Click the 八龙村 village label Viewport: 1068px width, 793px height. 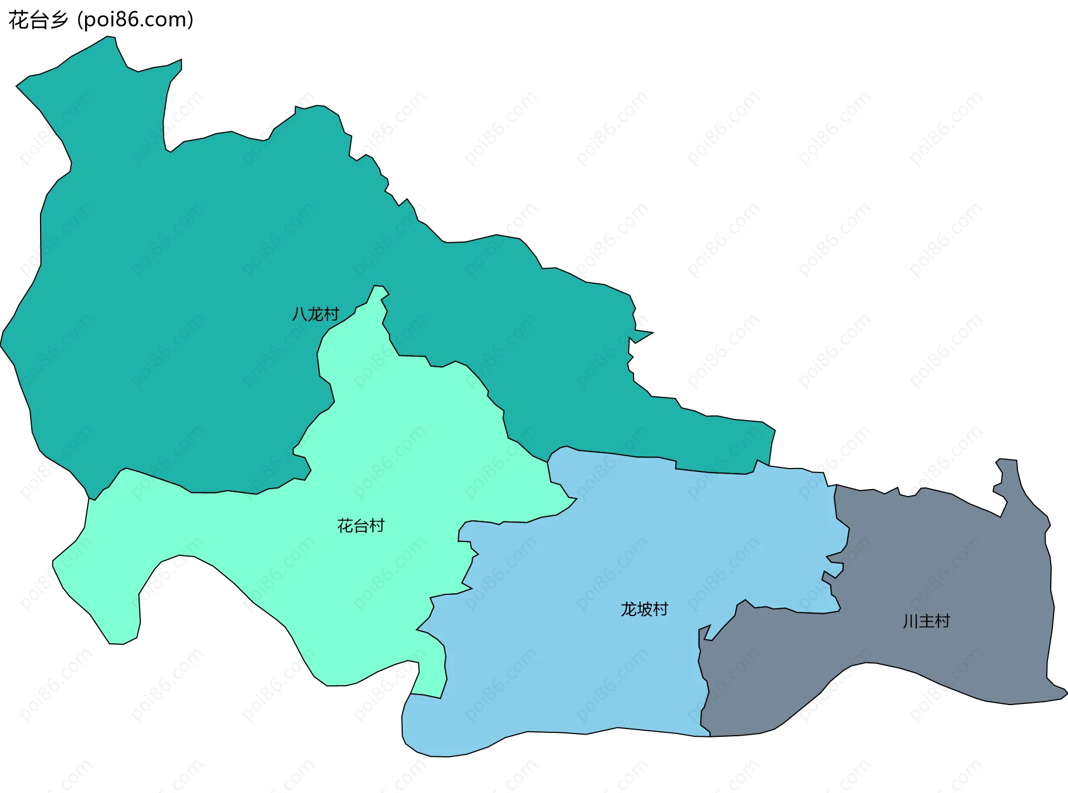pos(315,314)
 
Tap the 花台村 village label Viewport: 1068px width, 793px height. pos(360,526)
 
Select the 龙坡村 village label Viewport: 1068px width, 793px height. pos(644,609)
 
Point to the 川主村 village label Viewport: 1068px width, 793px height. pos(926,621)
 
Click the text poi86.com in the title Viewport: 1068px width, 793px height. pos(135,20)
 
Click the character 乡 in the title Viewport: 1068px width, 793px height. pos(58,20)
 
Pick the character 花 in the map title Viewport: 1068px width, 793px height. pos(18,20)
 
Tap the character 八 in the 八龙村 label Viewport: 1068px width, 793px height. pos(300,314)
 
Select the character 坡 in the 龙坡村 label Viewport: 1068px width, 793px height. pos(644,609)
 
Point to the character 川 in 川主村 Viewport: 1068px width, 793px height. pos(911,621)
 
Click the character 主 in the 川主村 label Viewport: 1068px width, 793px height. pos(926,621)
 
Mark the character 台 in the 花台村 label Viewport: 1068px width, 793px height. pos(360,526)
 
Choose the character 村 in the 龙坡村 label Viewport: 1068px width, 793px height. pos(660,609)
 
